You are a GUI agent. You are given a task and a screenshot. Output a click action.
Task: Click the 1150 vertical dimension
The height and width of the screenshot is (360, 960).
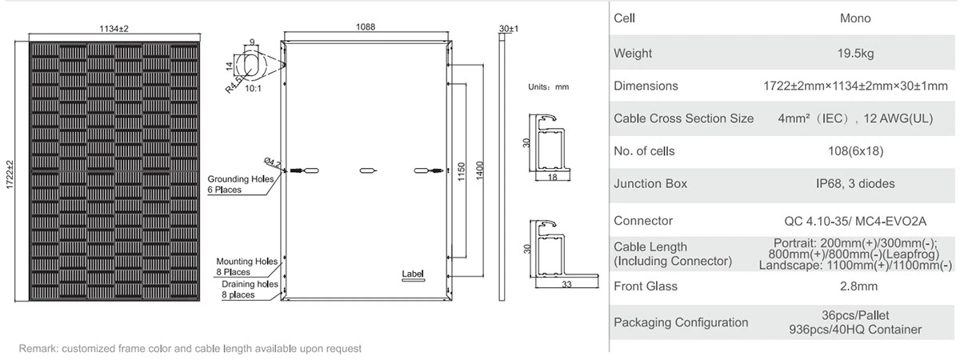click(x=460, y=176)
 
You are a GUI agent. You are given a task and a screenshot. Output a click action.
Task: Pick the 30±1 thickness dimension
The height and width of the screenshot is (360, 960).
click(x=508, y=28)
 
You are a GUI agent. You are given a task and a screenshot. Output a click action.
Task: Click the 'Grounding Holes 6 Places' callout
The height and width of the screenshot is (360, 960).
click(x=241, y=184)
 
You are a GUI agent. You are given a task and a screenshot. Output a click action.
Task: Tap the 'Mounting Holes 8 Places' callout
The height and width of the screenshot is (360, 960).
click(x=247, y=266)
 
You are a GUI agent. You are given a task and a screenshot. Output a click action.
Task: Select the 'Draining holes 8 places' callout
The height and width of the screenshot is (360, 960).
click(x=250, y=289)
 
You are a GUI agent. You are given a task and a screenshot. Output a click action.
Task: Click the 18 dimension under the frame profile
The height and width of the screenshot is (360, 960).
click(x=551, y=177)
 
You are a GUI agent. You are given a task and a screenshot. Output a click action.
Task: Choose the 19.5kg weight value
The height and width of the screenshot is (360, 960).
click(x=856, y=54)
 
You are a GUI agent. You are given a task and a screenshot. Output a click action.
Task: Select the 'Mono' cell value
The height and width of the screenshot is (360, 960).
click(x=856, y=18)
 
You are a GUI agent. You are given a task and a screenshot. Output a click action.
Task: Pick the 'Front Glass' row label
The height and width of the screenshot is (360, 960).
click(x=645, y=286)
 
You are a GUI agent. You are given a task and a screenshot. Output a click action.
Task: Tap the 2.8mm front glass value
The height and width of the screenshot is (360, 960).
click(x=856, y=286)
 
